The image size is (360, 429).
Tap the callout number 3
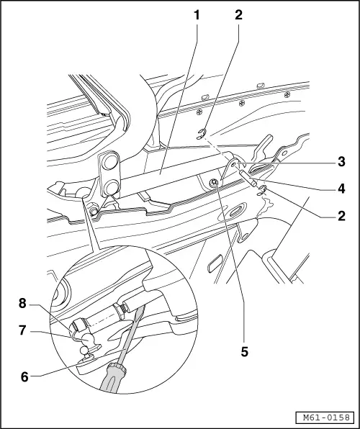(342, 161)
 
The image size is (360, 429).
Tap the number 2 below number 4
(342, 215)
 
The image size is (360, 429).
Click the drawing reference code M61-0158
(325, 417)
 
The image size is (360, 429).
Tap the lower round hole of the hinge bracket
(112, 189)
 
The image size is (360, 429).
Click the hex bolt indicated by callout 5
(215, 184)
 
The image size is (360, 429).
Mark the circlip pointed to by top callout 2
(204, 132)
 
